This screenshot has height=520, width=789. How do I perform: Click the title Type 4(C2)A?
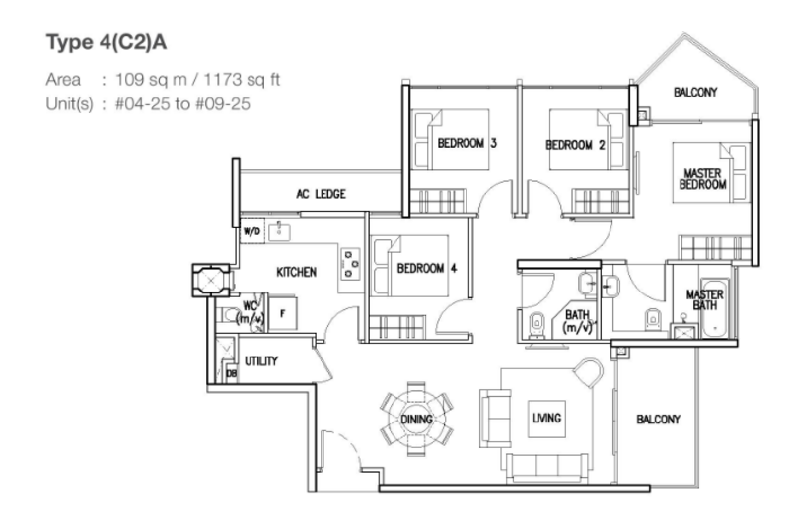[107, 42]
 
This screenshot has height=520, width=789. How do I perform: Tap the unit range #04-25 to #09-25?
[182, 104]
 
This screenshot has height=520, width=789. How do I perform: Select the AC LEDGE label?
[322, 194]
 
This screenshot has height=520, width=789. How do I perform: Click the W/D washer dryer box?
[252, 231]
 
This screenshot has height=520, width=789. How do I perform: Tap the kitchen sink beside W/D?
[279, 231]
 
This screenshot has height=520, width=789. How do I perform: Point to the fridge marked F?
[282, 314]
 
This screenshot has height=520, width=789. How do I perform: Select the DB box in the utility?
[232, 374]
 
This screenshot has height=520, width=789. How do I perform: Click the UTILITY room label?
[261, 361]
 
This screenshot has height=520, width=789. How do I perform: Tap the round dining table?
[416, 419]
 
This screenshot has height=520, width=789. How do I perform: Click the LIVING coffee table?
[546, 419]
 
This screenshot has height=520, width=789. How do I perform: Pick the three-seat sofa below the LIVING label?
[546, 467]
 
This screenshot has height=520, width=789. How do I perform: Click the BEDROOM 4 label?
[427, 268]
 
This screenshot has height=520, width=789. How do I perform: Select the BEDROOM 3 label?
[466, 143]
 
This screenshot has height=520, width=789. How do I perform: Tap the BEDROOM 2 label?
[575, 145]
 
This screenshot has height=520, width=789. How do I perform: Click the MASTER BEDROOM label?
[703, 179]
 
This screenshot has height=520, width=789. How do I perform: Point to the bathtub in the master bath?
[714, 307]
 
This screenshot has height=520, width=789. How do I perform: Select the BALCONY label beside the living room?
[658, 419]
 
